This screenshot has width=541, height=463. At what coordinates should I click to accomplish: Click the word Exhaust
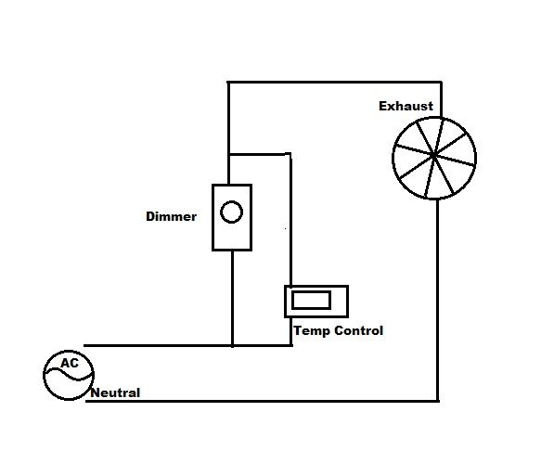pyautogui.click(x=406, y=106)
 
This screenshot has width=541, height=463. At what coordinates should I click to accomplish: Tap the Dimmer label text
pyautogui.click(x=171, y=217)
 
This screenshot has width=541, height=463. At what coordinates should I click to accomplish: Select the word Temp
pyautogui.click(x=312, y=331)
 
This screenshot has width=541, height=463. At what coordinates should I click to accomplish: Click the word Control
pyautogui.click(x=359, y=330)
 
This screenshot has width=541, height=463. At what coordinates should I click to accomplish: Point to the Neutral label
pyautogui.click(x=115, y=393)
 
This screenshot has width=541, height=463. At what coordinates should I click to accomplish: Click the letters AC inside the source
pyautogui.click(x=70, y=363)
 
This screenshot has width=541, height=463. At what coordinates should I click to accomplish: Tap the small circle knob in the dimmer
pyautogui.click(x=231, y=212)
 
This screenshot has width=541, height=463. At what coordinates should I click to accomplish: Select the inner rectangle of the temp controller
pyautogui.click(x=311, y=300)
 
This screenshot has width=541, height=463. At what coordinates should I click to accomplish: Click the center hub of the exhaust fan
pyautogui.click(x=433, y=156)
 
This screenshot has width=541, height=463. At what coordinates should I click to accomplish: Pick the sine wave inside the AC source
pyautogui.click(x=69, y=374)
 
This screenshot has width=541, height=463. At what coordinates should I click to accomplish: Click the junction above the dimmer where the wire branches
pyautogui.click(x=228, y=154)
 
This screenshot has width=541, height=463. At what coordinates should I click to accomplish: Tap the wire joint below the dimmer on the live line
pyautogui.click(x=233, y=345)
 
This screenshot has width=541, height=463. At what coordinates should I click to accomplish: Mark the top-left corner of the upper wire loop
pyautogui.click(x=228, y=82)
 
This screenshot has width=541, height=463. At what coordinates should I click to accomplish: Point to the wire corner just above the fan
pyautogui.click(x=442, y=82)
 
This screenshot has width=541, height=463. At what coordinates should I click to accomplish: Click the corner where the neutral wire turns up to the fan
pyautogui.click(x=438, y=401)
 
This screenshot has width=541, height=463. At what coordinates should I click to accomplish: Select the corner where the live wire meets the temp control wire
pyautogui.click(x=291, y=345)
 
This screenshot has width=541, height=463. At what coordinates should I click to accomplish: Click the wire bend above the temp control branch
pyautogui.click(x=290, y=154)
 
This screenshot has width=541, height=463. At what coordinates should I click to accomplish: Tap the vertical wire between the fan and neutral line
pyautogui.click(x=438, y=300)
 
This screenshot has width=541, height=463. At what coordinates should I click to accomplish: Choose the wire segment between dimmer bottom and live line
pyautogui.click(x=233, y=298)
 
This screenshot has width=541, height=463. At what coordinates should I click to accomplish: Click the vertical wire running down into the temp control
pyautogui.click(x=290, y=221)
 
